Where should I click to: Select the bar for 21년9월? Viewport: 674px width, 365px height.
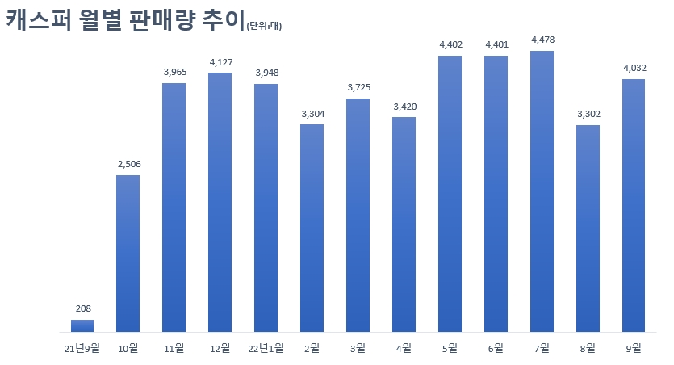82,325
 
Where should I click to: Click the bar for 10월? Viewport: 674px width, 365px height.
128,253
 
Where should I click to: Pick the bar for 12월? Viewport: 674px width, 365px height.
220,202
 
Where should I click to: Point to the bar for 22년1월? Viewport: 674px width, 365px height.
266,208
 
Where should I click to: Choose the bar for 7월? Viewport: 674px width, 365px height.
542,191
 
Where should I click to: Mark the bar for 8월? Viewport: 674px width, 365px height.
588,229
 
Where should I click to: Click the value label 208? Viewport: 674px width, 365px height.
82,308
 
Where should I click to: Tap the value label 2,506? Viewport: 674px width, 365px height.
128,164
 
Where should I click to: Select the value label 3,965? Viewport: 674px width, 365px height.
174,72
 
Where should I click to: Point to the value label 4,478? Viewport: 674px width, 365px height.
542,40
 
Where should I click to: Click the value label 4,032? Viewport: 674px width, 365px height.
634,68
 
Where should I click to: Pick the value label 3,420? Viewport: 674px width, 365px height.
404,106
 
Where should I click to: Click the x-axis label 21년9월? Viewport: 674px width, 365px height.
82,348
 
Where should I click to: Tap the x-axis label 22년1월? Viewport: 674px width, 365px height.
266,348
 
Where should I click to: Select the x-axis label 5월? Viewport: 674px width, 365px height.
450,348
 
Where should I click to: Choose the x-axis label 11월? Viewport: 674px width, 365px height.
174,348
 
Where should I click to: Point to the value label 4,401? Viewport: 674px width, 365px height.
496,44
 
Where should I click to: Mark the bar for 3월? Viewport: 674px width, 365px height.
358,215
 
